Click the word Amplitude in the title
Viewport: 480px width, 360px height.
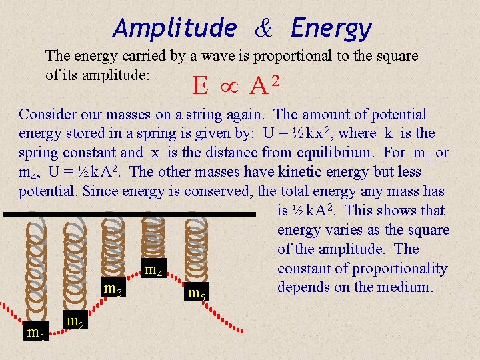click(175, 29)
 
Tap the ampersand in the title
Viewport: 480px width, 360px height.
click(263, 29)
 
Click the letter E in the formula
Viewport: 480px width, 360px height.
click(199, 86)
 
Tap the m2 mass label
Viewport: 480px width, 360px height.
click(74, 323)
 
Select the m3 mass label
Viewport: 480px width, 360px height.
click(112, 289)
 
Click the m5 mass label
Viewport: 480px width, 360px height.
click(196, 292)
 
